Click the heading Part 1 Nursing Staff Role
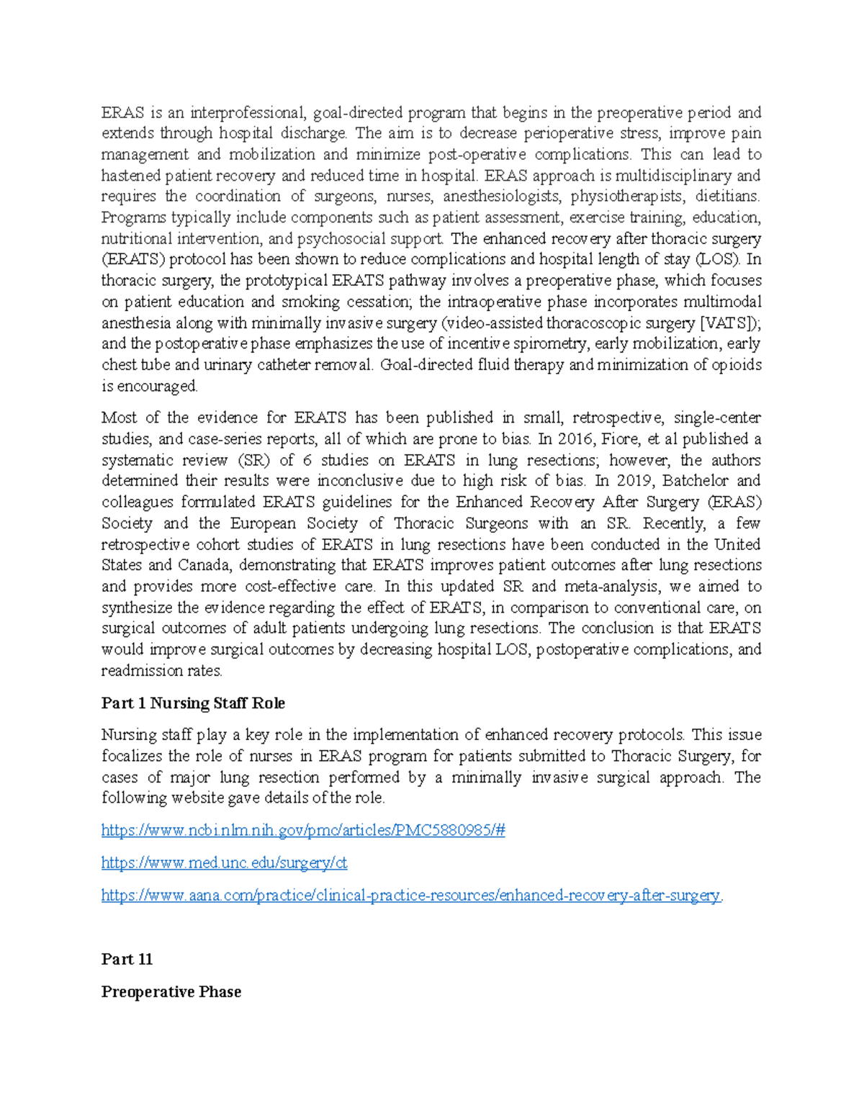[x=193, y=703]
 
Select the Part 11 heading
[x=127, y=959]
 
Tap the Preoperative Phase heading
[x=171, y=991]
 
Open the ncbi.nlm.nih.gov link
[x=303, y=830]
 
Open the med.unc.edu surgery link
[x=224, y=862]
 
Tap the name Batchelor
[x=695, y=481]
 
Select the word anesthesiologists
[x=500, y=197]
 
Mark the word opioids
[x=737, y=365]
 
